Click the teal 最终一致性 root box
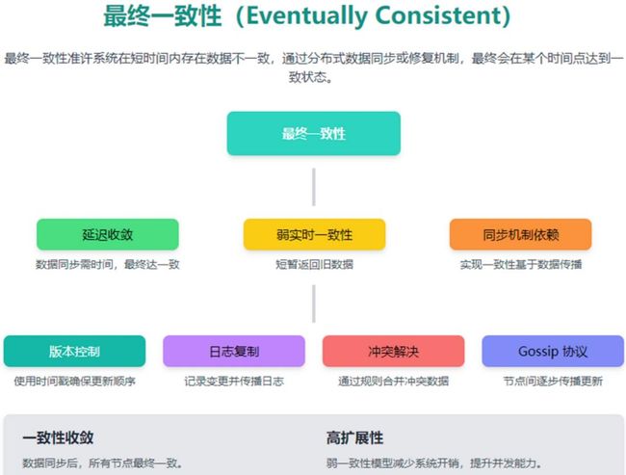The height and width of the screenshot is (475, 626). tap(314, 133)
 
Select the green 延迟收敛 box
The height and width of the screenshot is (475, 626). tap(108, 234)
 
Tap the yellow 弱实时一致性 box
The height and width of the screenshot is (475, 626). tap(314, 234)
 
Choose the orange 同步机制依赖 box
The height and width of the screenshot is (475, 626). tap(521, 234)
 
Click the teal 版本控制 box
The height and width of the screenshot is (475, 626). tap(75, 351)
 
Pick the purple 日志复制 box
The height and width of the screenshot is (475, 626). tap(234, 351)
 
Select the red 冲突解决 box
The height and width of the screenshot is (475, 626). tap(393, 351)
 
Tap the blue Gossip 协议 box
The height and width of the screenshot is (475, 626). tap(553, 351)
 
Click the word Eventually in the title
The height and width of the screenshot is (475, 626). tap(307, 16)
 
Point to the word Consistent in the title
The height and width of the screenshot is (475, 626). tap(438, 15)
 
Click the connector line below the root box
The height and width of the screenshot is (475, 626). tap(314, 187)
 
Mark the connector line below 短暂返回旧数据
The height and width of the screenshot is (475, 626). tap(314, 303)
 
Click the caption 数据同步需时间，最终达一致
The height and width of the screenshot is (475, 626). tap(108, 264)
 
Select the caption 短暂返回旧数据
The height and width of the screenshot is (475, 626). tap(314, 264)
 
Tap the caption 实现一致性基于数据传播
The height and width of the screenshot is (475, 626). tap(521, 264)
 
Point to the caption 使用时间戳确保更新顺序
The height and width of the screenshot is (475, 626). tap(75, 382)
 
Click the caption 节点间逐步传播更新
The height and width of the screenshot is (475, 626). tap(553, 382)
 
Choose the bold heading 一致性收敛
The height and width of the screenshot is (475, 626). tap(59, 437)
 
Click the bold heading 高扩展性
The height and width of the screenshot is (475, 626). tap(355, 437)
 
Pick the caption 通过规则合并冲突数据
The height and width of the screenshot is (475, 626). tap(393, 382)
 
